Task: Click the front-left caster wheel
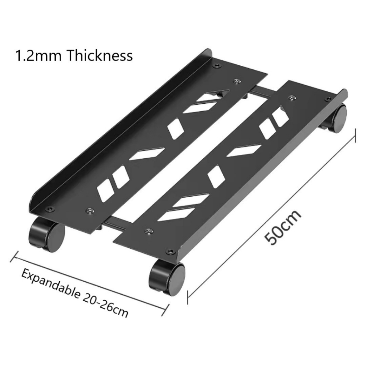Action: (x=47, y=234)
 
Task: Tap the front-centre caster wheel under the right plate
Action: (x=167, y=278)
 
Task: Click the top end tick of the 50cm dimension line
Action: (x=356, y=135)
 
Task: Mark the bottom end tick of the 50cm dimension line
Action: (x=188, y=297)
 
